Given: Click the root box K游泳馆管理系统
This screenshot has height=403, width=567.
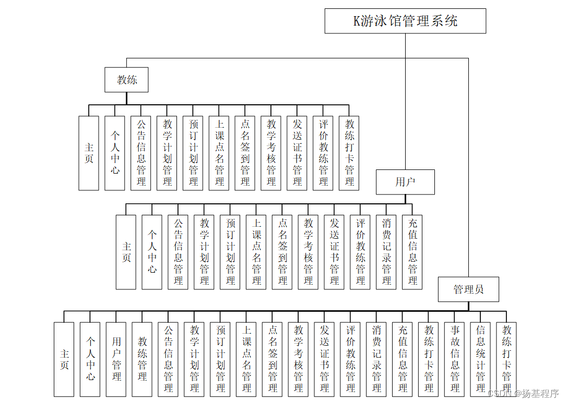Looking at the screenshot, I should coord(405,21).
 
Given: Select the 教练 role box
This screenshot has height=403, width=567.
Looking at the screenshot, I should coord(126,80).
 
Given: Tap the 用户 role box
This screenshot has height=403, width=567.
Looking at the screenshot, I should coord(405,182).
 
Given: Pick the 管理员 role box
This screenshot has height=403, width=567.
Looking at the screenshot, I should coord(468,289).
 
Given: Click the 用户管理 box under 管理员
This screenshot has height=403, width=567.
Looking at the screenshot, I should coord(116,359).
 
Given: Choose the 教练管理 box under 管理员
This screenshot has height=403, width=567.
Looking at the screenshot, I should coord(143,359).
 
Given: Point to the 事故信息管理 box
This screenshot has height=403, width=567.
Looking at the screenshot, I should coord(455,359).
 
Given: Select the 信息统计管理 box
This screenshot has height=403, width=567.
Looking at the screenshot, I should coord(481,359).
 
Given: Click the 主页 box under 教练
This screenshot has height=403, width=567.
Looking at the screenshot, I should coord(89,153).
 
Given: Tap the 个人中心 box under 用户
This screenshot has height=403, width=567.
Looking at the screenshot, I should coord(152,252).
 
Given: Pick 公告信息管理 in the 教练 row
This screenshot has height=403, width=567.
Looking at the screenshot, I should coord(141,153).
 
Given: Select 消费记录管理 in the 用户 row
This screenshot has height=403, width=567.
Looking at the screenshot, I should coord(386,252).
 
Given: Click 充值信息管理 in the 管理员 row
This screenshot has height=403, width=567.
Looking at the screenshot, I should coord(403,359).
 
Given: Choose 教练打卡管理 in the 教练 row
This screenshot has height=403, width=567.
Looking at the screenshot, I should coord(349,153).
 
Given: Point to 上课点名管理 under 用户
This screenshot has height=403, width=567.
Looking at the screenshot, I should coord(256,252).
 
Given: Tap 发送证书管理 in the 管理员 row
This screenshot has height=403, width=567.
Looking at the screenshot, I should coord(325,359).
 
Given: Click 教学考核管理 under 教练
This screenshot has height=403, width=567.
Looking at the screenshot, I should coord(271,153).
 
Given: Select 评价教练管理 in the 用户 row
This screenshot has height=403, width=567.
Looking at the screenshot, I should coord(360,252).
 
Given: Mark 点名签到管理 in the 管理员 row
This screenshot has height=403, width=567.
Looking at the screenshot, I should coord(273,359).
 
